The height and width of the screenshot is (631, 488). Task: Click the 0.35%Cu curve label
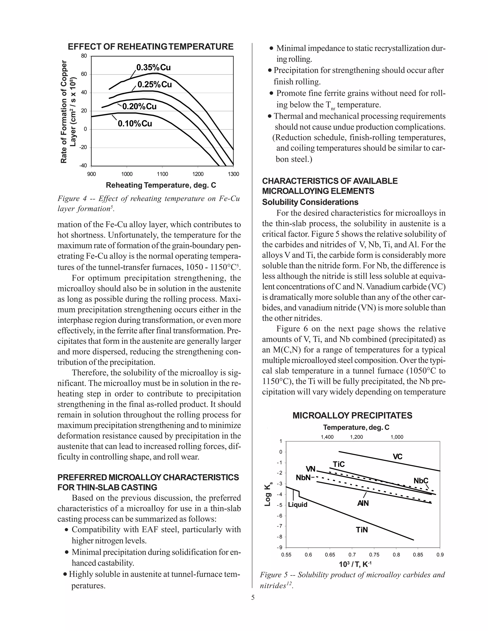click(x=153, y=68)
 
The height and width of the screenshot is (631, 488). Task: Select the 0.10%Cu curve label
click(x=135, y=124)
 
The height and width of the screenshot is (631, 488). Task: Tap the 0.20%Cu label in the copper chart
click(x=139, y=107)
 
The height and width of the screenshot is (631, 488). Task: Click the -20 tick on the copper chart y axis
click(x=83, y=147)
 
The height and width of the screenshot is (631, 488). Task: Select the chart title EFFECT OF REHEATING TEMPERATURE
click(x=150, y=47)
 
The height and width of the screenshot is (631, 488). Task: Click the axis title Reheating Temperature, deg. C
click(x=161, y=185)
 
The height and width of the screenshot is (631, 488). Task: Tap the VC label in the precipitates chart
click(x=397, y=457)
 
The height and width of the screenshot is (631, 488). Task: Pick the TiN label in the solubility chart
click(x=362, y=530)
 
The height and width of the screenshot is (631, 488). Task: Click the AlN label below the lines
click(x=363, y=503)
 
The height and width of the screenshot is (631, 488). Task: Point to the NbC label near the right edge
click(x=421, y=481)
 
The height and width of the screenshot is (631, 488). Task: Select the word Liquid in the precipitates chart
click(x=297, y=505)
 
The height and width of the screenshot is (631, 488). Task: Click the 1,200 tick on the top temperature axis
click(x=356, y=437)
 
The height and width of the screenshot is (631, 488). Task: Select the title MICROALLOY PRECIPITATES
click(x=352, y=416)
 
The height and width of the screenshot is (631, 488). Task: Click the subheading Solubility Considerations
click(x=310, y=202)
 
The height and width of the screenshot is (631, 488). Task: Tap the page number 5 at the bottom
click(x=253, y=597)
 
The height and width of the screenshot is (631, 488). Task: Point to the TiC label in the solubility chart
click(x=339, y=464)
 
